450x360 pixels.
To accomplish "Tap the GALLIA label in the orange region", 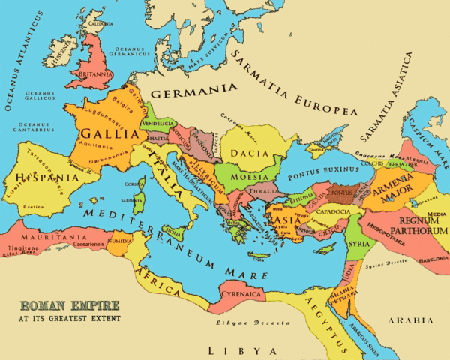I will point(110,135).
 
